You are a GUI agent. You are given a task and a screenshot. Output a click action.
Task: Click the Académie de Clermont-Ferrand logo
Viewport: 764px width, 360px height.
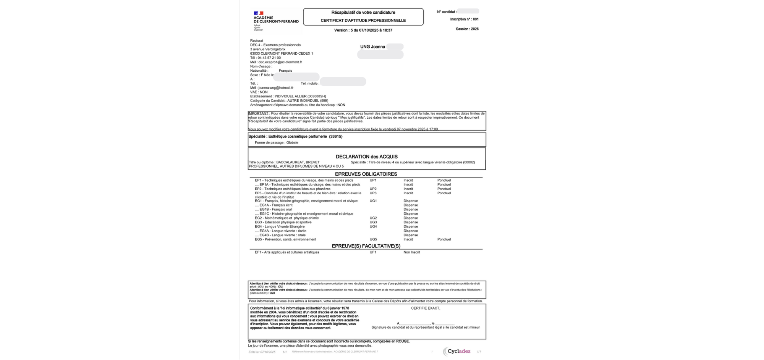[x=275, y=21]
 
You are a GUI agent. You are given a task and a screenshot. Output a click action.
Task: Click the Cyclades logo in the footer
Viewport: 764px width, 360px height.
[x=456, y=352]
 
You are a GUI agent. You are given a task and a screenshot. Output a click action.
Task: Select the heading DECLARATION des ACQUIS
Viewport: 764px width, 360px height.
[x=366, y=157]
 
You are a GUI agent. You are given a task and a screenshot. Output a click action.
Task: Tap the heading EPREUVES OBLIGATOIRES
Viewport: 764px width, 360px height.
[x=366, y=174]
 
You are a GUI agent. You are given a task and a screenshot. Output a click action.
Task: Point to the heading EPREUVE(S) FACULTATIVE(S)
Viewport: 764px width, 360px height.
[x=366, y=246]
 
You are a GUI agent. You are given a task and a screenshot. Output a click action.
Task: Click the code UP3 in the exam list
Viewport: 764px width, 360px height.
[x=373, y=193]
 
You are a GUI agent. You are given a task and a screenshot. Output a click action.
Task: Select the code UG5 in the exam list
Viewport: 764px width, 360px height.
[x=373, y=239]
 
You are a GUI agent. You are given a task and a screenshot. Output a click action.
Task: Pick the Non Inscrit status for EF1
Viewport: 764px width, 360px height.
[x=411, y=252]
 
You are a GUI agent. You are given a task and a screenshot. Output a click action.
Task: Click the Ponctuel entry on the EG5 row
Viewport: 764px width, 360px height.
[x=444, y=239]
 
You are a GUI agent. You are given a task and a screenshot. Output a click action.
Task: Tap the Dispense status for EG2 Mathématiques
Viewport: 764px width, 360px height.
[x=411, y=218]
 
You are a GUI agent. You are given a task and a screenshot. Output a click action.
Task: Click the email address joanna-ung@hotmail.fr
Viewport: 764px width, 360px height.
[x=276, y=88]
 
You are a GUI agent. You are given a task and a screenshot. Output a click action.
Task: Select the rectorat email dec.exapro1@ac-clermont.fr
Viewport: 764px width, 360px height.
[x=280, y=62]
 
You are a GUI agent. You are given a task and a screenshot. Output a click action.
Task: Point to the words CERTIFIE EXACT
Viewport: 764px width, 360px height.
[x=425, y=308]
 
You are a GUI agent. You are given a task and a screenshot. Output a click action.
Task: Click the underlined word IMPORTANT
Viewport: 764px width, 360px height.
[x=258, y=113]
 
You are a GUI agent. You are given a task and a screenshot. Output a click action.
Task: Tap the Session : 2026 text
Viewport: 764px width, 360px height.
[x=467, y=29]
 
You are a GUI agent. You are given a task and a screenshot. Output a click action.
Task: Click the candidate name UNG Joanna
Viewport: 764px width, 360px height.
[x=372, y=47]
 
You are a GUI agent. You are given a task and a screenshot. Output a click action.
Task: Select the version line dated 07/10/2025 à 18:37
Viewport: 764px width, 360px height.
[x=363, y=30]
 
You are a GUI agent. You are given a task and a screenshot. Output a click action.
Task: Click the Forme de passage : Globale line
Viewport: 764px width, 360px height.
[x=276, y=143]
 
